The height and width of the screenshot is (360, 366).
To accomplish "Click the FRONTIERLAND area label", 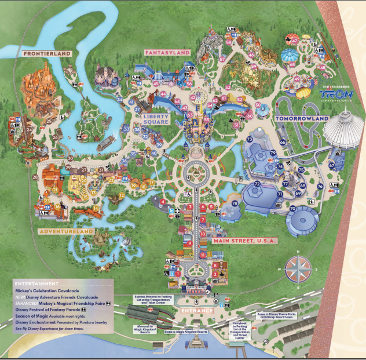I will [x=47, y=54].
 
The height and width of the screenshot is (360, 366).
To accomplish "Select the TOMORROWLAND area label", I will [x=302, y=118].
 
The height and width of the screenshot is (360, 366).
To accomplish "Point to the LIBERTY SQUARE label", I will [x=156, y=119].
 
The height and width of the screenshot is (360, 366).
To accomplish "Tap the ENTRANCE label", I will [x=196, y=311].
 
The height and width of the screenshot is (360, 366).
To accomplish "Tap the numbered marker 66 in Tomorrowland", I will [x=283, y=141].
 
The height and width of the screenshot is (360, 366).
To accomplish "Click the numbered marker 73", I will [x=249, y=140].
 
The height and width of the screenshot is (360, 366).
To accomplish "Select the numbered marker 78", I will [x=235, y=203].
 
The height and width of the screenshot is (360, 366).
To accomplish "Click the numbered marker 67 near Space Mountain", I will [x=332, y=165].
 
